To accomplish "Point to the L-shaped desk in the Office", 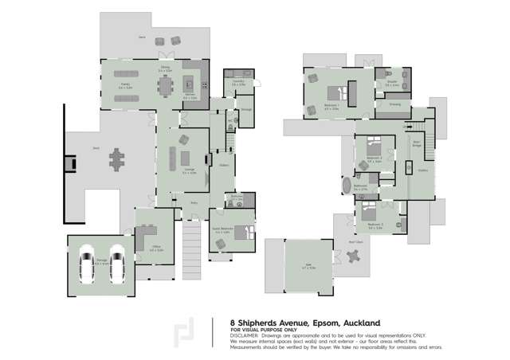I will point(147,237).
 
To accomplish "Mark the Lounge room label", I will point(189,170).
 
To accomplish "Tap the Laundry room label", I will point(238,81).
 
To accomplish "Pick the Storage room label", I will point(246,109).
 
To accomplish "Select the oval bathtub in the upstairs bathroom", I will point(347,186).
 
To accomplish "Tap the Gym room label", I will point(308,266).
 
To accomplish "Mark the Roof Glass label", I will point(355,242).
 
